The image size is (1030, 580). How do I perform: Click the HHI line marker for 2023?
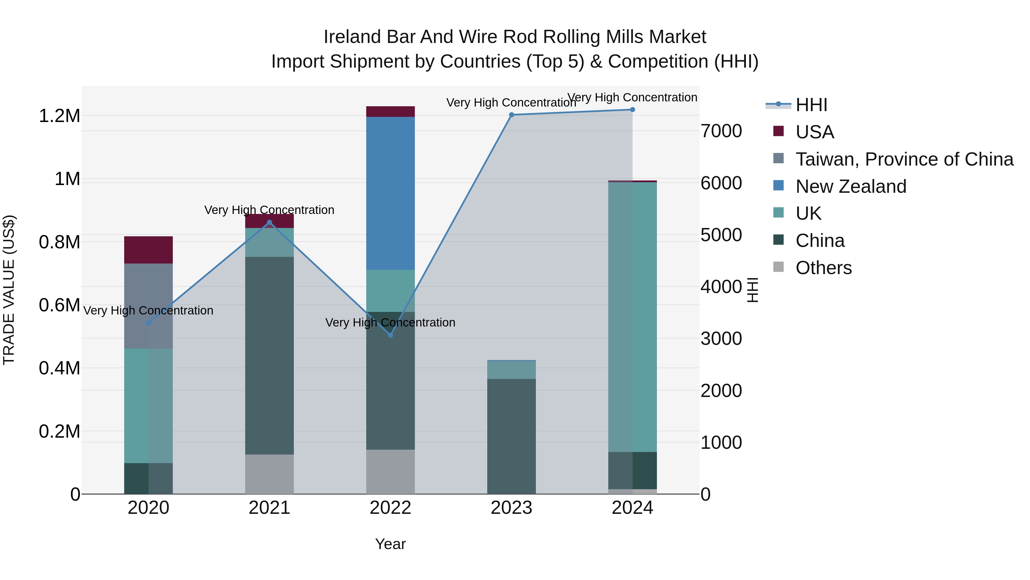[511, 115]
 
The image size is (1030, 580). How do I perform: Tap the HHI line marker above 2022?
[391, 335]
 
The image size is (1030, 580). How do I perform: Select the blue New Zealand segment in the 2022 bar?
[391, 193]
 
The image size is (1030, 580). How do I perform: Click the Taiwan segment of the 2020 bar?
[148, 306]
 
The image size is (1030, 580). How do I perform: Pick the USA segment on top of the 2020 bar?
[148, 250]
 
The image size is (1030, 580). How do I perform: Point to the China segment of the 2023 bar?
[511, 436]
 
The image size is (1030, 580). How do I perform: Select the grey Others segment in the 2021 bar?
[270, 474]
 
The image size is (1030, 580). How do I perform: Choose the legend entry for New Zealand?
[851, 186]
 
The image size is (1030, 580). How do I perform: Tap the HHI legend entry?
[811, 105]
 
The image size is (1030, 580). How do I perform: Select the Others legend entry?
[823, 268]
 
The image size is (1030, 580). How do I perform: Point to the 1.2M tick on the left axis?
[60, 116]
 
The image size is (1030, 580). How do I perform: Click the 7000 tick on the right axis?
[721, 131]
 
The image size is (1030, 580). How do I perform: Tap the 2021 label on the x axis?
[270, 508]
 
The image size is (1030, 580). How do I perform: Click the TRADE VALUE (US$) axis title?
[9, 290]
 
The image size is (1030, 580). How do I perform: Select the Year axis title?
[390, 544]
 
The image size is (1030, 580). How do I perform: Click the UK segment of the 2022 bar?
[391, 291]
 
